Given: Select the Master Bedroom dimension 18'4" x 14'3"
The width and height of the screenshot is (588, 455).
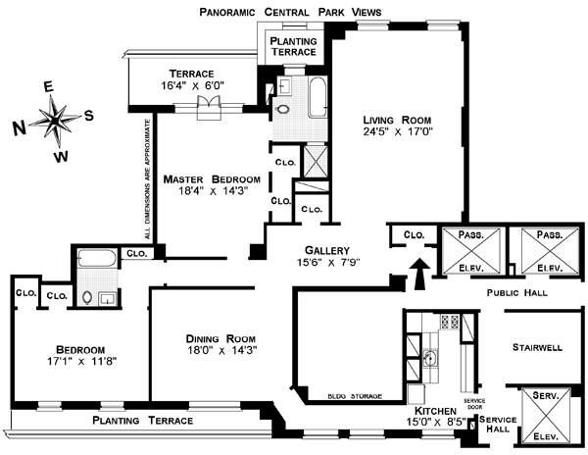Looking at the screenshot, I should coord(212,192).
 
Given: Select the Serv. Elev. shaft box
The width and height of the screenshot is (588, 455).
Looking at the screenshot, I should coord(542,415).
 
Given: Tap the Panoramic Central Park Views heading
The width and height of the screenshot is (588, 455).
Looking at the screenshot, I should coord(289,12).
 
